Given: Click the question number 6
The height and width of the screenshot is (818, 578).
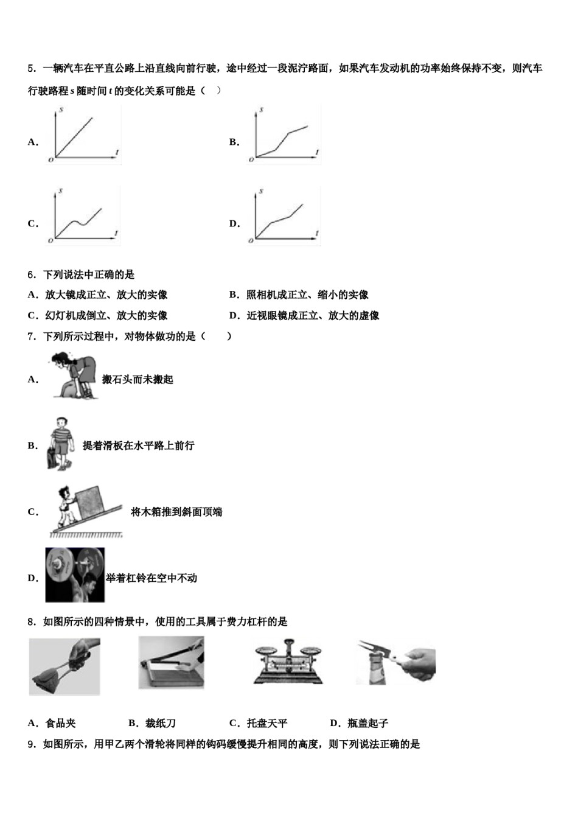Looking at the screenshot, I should pyautogui.click(x=32, y=274).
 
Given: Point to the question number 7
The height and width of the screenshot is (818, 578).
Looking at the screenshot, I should pyautogui.click(x=32, y=336).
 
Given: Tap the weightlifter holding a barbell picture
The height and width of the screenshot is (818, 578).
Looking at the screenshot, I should pyautogui.click(x=75, y=575).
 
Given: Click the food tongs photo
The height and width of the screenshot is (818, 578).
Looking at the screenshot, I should pyautogui.click(x=64, y=666).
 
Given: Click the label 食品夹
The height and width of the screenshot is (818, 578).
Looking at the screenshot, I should pyautogui.click(x=60, y=723).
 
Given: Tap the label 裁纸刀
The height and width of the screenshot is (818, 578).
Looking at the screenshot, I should pyautogui.click(x=161, y=723).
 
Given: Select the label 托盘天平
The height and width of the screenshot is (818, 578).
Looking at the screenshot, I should pyautogui.click(x=266, y=723).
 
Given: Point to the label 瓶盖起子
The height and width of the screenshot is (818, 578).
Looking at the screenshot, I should pyautogui.click(x=367, y=723).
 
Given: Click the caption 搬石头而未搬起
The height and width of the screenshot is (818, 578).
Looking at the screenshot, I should pyautogui.click(x=138, y=379).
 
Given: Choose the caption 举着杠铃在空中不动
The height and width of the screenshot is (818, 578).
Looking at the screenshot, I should pyautogui.click(x=151, y=578).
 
